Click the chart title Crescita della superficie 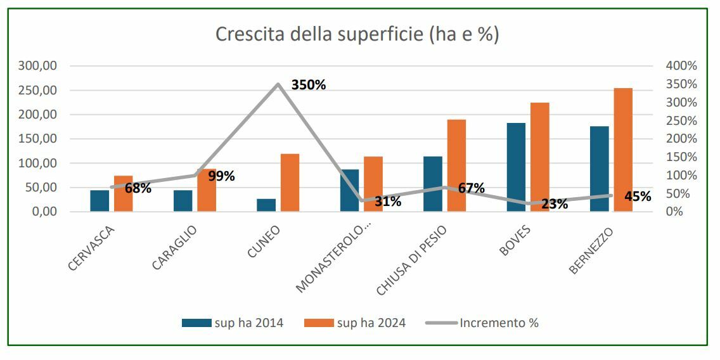coord(357,34)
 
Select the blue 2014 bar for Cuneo coord(266,205)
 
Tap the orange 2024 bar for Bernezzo coord(623,150)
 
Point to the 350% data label coord(309,85)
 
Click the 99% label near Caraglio coord(221,176)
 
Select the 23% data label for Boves coord(555,204)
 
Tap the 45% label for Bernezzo coord(638,196)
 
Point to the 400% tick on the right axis coord(681,66)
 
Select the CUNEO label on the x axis coord(264,241)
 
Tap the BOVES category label coord(515,241)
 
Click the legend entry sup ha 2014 coord(232,323)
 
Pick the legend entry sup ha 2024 coord(355,323)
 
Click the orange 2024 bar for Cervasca coord(123,193)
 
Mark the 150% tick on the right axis coord(681,157)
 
